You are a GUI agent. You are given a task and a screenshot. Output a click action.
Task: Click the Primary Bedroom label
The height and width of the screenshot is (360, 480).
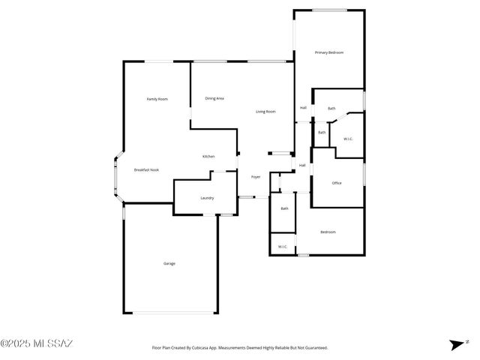point(329,52)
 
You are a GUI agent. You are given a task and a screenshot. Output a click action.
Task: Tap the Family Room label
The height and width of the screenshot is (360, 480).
point(157,99)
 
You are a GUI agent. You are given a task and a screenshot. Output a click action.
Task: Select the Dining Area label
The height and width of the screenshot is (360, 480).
point(214,98)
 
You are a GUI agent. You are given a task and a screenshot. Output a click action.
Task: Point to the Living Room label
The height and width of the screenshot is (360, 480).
point(265,112)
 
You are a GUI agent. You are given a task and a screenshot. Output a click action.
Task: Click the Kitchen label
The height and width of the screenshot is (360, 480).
point(208,156)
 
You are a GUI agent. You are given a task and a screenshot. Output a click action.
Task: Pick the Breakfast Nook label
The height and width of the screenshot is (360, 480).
point(146,170)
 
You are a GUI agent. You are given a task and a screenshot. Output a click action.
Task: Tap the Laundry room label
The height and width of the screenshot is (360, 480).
point(207,198)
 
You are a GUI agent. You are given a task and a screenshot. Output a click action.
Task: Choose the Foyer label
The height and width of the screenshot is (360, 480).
point(256,177)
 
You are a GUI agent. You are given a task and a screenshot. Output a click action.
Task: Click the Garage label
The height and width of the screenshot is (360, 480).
point(169,263)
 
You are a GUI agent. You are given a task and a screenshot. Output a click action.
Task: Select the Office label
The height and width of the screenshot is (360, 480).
point(337,183)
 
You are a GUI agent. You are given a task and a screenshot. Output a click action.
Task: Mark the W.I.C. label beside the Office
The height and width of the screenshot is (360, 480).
point(349,139)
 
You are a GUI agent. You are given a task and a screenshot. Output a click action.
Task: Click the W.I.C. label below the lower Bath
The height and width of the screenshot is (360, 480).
point(283,246)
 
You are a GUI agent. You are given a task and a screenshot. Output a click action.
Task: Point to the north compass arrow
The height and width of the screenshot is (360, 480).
point(457,344)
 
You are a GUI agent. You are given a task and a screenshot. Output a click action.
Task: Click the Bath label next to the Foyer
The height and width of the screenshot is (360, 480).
point(285,208)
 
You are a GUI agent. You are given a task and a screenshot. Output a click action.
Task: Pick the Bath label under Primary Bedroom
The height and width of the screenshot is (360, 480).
point(331,109)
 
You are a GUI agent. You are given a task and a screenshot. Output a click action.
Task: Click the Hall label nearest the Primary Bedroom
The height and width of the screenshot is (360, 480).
point(303,107)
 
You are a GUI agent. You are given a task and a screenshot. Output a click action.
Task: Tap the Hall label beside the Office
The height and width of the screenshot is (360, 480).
point(302,165)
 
